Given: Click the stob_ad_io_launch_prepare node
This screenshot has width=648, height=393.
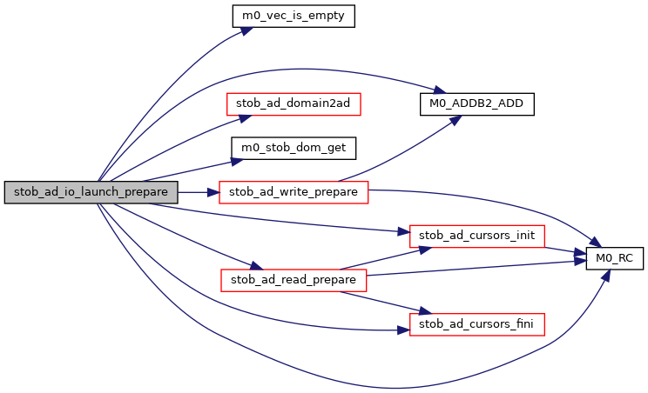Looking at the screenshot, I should pos(91,192).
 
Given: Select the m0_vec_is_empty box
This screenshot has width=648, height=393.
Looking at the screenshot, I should pos(293,16).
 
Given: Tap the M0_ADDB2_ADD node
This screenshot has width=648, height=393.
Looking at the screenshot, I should pos(476,103).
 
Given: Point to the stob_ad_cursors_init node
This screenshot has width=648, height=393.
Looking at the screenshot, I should pos(477,236).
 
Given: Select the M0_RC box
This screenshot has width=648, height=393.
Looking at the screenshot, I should pos(613,258).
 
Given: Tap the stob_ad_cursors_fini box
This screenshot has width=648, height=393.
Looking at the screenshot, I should pos(477,324).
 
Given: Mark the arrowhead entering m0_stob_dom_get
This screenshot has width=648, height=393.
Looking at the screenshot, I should pos(227,160).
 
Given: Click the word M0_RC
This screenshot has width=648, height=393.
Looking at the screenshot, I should pos(613,258).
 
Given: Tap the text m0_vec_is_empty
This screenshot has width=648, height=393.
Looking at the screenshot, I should pos(293,16).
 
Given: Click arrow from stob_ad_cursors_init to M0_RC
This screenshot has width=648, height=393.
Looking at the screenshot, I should pos(565,250).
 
